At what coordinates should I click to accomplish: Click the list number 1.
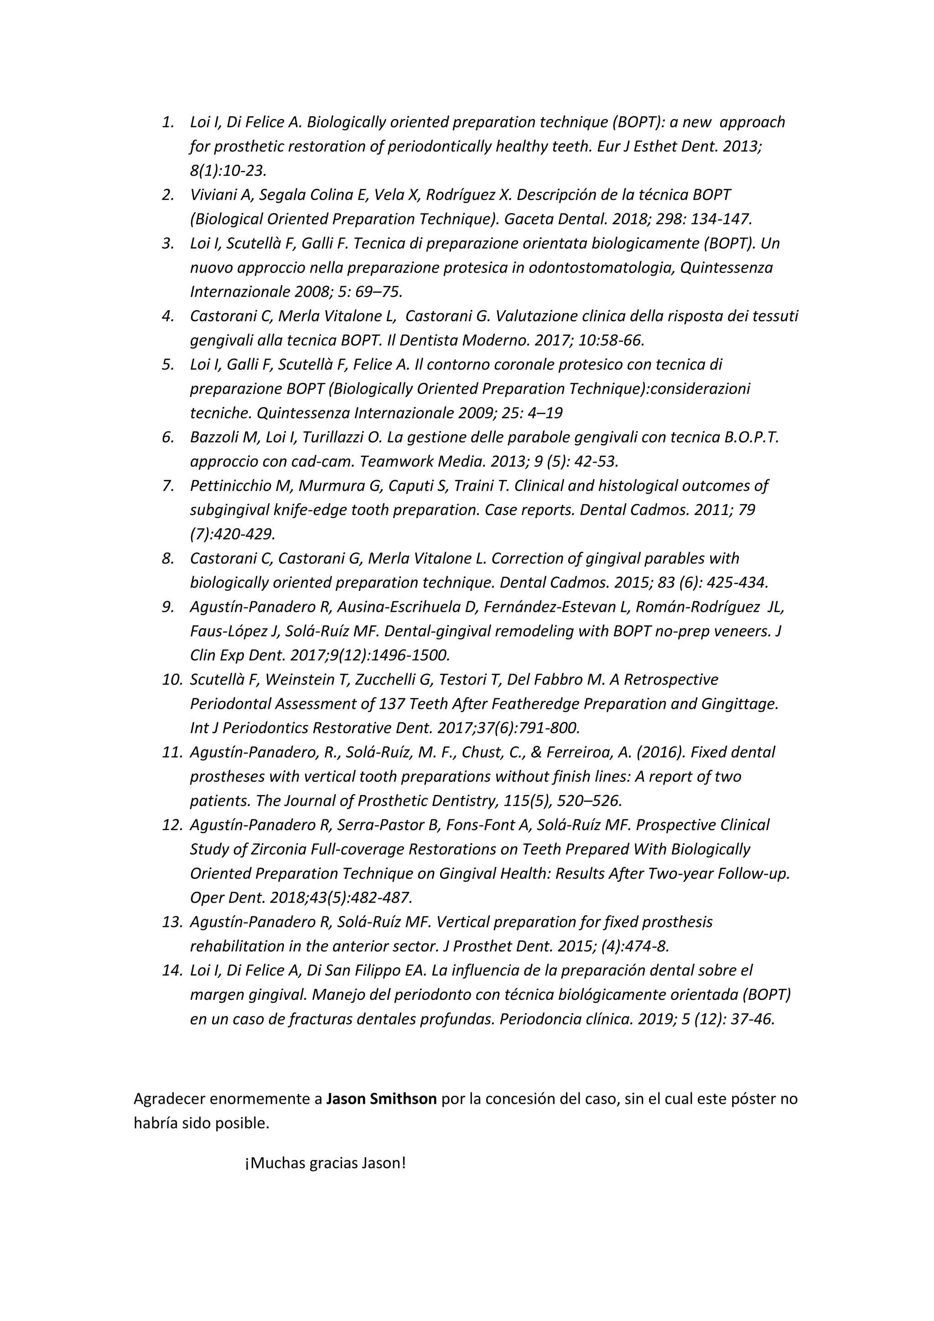point(167,122)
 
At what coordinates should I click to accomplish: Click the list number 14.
point(171,971)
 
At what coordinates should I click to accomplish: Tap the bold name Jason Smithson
point(381,1099)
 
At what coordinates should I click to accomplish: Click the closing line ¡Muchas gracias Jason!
point(326,1163)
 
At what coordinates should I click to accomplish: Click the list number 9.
point(167,607)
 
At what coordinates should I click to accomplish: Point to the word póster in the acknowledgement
point(751,1099)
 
